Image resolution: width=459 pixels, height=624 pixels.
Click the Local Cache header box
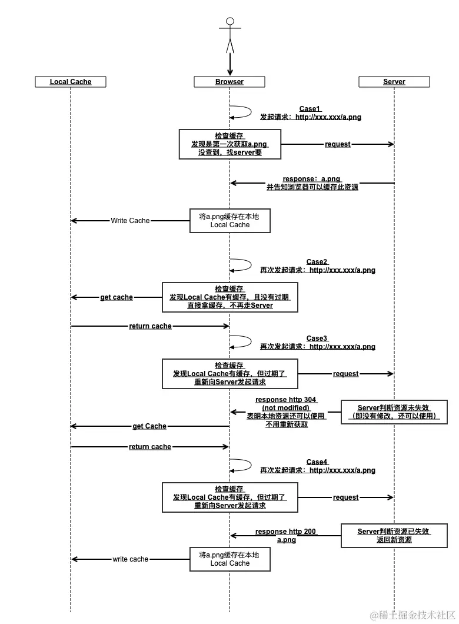pyautogui.click(x=71, y=82)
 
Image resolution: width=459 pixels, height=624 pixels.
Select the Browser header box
pyautogui.click(x=229, y=82)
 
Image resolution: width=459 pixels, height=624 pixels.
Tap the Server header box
pyautogui.click(x=394, y=82)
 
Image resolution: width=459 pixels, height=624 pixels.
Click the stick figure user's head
pyautogui.click(x=229, y=22)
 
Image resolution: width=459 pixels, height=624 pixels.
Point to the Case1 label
pyautogui.click(x=310, y=109)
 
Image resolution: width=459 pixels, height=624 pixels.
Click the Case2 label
pyautogui.click(x=317, y=262)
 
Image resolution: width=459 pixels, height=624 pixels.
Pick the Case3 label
pyautogui.click(x=317, y=338)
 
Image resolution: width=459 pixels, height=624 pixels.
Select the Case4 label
pyautogui.click(x=317, y=462)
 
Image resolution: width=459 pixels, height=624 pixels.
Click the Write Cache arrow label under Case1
pyautogui.click(x=130, y=221)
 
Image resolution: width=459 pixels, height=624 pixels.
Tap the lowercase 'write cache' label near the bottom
pyautogui.click(x=130, y=559)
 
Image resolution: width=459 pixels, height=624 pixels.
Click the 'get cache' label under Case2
pyautogui.click(x=117, y=297)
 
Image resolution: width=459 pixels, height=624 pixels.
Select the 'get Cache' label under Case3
pyautogui.click(x=149, y=426)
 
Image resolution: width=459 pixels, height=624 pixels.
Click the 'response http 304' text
pyautogui.click(x=285, y=400)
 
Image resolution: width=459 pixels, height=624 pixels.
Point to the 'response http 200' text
pyautogui.click(x=285, y=532)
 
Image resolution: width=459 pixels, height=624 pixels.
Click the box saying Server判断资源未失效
pyautogui.click(x=394, y=411)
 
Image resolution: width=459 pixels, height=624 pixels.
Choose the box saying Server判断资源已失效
pyautogui.click(x=394, y=535)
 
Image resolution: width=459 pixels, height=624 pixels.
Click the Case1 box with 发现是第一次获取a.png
pyautogui.click(x=230, y=144)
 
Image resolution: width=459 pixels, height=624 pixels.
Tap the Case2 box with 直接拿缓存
pyautogui.click(x=230, y=297)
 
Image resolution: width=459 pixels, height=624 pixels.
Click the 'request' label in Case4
pyautogui.click(x=345, y=497)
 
